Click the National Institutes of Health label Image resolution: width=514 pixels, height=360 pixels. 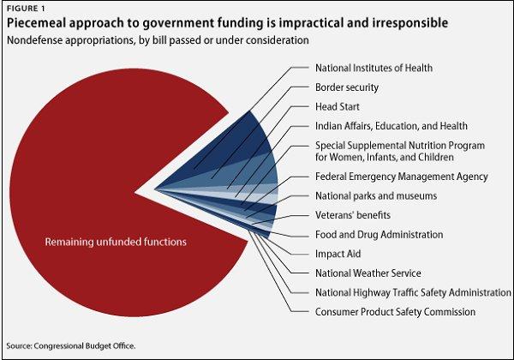point(374,67)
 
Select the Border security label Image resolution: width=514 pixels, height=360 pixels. point(347,87)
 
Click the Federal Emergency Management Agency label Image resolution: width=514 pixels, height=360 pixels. point(401,177)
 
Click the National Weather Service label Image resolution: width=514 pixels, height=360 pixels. point(368,273)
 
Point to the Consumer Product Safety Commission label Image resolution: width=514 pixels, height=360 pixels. point(395,312)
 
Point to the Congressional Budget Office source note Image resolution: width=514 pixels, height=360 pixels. point(71,345)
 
